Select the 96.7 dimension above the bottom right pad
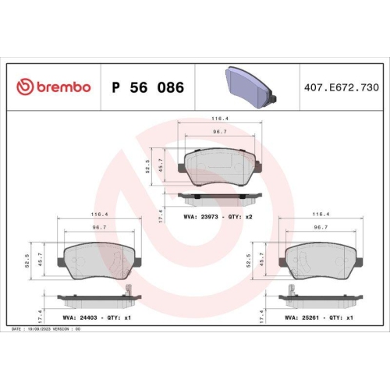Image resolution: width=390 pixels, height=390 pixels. pyautogui.click(x=321, y=229)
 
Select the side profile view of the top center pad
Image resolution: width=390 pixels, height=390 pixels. pyautogui.click(x=220, y=196)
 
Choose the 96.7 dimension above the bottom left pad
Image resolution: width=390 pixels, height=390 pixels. pyautogui.click(x=98, y=229)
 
